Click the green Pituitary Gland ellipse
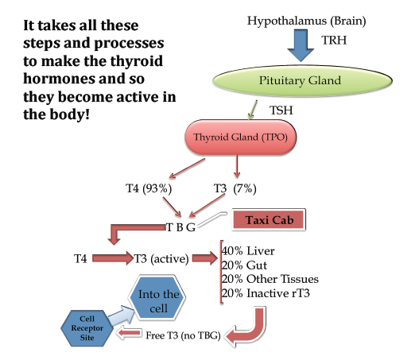click(x=302, y=81)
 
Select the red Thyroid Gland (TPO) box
click(x=240, y=137)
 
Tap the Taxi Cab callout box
click(x=269, y=220)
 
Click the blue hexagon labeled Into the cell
click(x=158, y=298)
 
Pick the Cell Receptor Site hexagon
click(x=87, y=328)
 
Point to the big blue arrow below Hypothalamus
click(x=301, y=45)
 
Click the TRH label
click(x=334, y=41)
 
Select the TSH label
click(x=281, y=110)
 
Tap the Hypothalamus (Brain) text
click(x=306, y=21)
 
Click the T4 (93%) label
click(x=149, y=188)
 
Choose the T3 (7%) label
click(x=235, y=188)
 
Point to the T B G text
click(x=180, y=227)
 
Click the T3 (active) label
click(x=161, y=259)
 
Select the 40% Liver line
click(x=248, y=251)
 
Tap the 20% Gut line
click(x=244, y=265)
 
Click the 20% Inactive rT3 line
click(x=266, y=293)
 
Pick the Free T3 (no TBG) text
click(x=183, y=335)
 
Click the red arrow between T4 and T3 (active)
click(x=113, y=258)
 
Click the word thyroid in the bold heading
click(x=137, y=61)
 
